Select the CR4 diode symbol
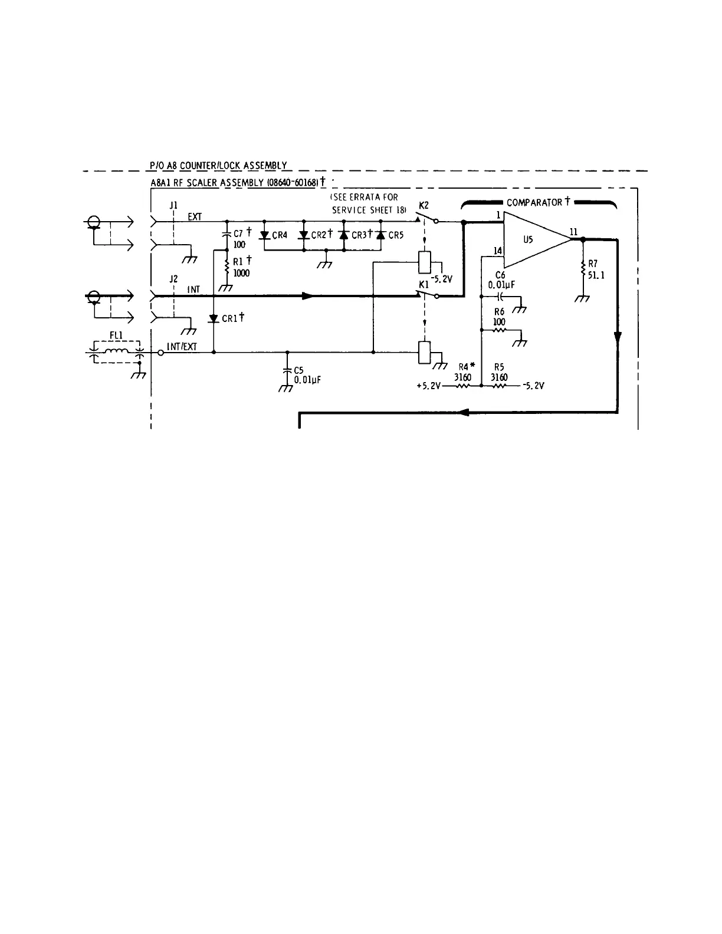click(265, 235)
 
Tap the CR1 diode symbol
click(214, 318)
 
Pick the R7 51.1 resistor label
click(593, 270)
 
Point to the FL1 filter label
click(116, 336)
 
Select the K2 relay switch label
click(424, 205)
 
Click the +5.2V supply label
click(428, 386)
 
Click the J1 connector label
click(173, 205)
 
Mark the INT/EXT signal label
click(182, 347)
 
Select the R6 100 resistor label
click(499, 317)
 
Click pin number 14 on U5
click(497, 251)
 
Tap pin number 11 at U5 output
click(573, 231)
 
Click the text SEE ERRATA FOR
click(364, 198)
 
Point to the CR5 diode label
click(396, 235)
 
